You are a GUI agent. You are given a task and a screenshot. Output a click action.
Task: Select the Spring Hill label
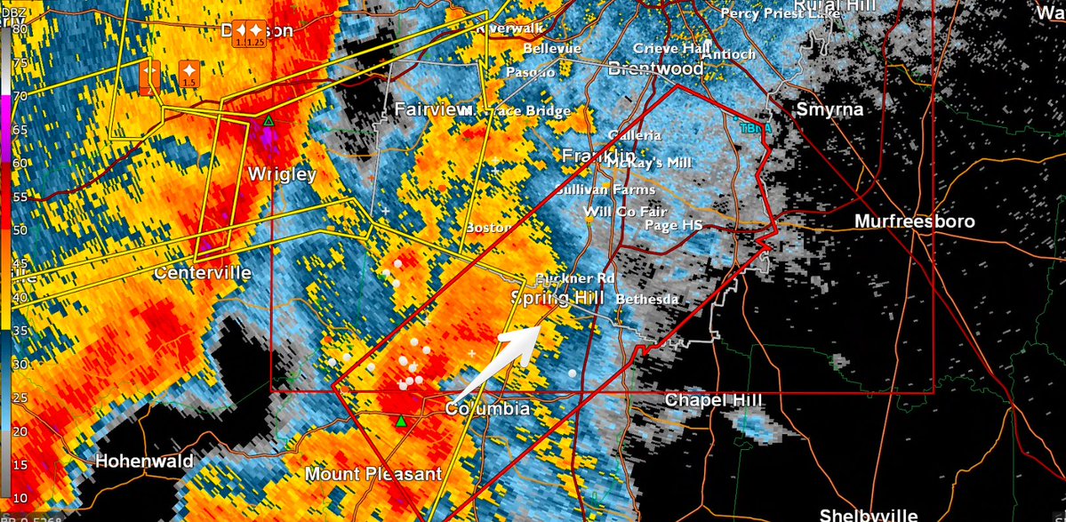[x=558, y=298]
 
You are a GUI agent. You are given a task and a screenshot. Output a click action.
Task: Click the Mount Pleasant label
[x=373, y=474]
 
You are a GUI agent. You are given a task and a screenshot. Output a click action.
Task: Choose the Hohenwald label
[x=143, y=462]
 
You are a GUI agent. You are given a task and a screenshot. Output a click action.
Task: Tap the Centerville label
[x=202, y=273]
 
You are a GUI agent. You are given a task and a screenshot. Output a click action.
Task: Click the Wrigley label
[x=282, y=174]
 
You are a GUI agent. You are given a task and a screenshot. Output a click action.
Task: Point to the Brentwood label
[x=655, y=68]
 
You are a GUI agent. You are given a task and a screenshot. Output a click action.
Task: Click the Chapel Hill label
[x=714, y=401]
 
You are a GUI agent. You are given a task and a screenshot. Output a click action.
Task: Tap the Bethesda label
[x=646, y=300]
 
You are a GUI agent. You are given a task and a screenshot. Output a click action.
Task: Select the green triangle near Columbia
[x=401, y=421]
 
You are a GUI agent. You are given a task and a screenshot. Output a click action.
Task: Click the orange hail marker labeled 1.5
[x=188, y=73]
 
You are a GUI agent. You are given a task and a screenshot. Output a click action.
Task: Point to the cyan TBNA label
[x=756, y=128]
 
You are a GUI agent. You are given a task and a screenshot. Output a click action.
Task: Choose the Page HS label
[x=673, y=226]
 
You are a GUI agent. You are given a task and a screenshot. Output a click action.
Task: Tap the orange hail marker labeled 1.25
[x=256, y=34]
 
